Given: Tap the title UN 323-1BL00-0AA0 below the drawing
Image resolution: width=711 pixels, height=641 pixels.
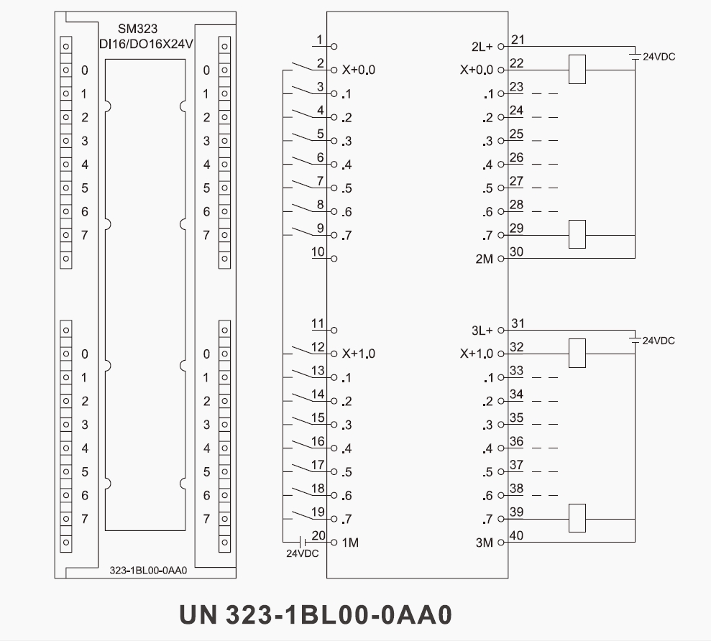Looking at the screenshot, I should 316,614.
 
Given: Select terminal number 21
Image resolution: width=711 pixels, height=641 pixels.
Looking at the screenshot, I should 517,39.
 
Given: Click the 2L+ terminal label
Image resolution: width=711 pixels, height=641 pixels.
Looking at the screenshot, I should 482,47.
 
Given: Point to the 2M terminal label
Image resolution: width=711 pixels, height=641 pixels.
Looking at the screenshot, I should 485,259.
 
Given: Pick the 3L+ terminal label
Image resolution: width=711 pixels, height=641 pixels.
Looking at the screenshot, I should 482,331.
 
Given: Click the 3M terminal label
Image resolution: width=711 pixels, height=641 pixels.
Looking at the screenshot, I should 485,543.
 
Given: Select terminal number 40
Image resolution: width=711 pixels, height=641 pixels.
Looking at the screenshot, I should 517,535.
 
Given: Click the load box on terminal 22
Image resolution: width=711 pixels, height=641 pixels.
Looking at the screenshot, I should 577,69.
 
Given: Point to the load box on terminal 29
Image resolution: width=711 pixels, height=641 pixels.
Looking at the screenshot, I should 577,234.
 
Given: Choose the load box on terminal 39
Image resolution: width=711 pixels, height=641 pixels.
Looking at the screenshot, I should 577,518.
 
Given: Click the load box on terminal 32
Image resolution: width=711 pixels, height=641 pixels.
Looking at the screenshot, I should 577,352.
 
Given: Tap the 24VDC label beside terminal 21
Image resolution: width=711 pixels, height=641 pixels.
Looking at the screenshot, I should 659,57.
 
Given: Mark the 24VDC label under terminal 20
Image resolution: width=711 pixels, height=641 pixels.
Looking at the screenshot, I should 302,554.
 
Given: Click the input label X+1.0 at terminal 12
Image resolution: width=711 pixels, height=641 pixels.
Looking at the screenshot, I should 358,354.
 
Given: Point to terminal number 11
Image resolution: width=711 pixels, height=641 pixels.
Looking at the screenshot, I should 318,323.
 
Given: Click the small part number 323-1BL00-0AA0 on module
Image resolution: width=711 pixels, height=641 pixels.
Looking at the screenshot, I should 148,571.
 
